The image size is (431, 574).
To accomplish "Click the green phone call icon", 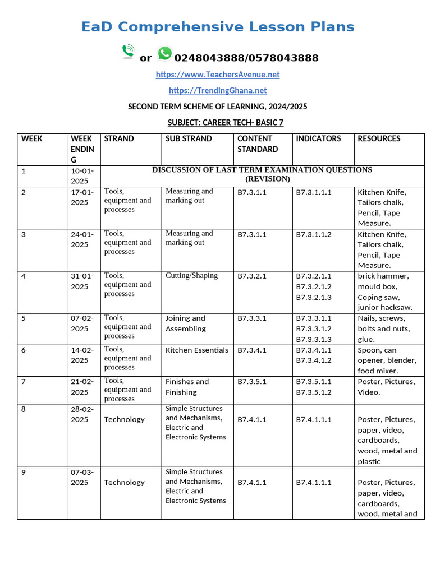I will [128, 52].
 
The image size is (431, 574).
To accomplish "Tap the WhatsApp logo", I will [164, 54].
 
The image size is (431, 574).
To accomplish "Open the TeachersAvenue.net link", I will [218, 75].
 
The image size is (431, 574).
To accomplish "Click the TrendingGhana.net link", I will [218, 90].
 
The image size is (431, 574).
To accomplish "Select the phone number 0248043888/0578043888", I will [246, 58].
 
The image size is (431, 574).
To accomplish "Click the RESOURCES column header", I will [379, 138].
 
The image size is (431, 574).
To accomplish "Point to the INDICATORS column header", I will [318, 138].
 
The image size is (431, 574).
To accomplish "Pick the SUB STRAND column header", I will [189, 138].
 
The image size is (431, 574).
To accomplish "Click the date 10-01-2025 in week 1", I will [82, 175].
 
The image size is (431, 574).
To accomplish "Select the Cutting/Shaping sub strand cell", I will [191, 276].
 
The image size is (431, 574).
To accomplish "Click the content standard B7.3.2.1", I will [252, 276].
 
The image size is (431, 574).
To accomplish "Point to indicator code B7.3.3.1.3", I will [314, 339].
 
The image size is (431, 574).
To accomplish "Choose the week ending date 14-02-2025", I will [82, 355].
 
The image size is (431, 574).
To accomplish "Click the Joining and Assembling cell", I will [186, 323].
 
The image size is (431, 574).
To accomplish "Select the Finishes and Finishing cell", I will [187, 387].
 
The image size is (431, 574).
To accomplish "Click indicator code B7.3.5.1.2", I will [314, 392].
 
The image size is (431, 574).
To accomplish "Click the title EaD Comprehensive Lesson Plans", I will [218, 27].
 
